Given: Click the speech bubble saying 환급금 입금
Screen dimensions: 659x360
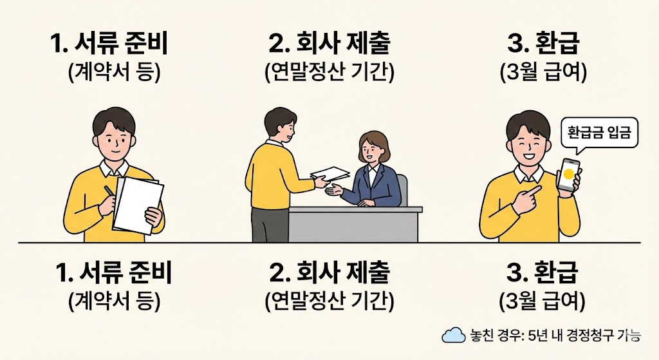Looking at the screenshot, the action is [600, 134].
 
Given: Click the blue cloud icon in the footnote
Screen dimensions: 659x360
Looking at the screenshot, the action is [453, 335].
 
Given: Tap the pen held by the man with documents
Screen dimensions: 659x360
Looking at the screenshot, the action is [109, 193].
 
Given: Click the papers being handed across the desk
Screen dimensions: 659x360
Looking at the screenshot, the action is [330, 174].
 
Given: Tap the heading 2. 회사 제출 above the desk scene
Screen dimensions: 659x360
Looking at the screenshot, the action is [329, 44].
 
